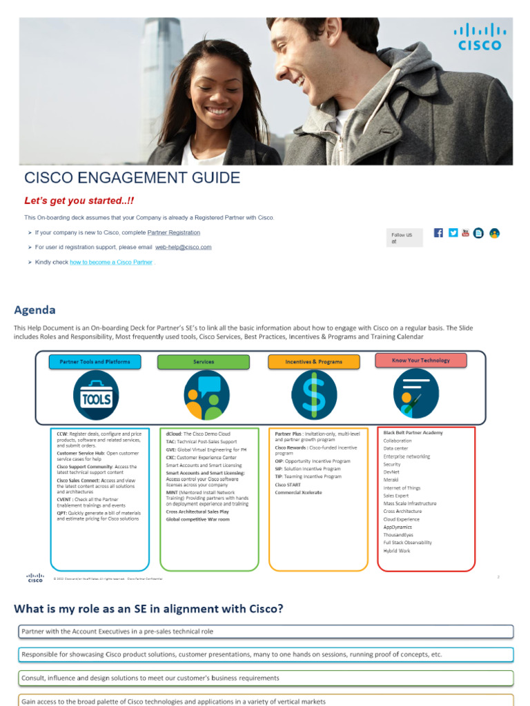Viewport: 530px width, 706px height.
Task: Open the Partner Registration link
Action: (174, 233)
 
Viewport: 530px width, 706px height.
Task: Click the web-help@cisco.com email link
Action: (183, 247)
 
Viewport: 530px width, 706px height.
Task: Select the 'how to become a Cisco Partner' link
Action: (111, 262)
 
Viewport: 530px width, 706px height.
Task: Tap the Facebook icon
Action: (438, 233)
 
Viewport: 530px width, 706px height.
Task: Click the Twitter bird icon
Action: (453, 233)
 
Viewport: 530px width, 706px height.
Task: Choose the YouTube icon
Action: (466, 233)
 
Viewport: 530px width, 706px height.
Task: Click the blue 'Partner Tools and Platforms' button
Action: (95, 362)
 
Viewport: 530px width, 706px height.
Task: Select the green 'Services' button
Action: (203, 362)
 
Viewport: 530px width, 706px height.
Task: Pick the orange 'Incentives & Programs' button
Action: (313, 362)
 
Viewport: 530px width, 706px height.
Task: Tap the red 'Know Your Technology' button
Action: (420, 361)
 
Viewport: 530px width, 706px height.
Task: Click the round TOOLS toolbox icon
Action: (95, 395)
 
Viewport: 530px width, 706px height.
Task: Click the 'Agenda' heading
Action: (35, 310)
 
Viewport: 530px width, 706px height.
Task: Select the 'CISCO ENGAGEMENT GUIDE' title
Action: (132, 178)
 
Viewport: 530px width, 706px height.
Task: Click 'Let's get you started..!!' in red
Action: (79, 201)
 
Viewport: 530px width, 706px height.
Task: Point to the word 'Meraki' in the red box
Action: (391, 480)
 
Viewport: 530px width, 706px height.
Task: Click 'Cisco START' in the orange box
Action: (288, 485)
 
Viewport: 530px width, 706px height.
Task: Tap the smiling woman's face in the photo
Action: (215, 92)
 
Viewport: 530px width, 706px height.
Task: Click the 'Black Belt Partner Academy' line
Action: (413, 433)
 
